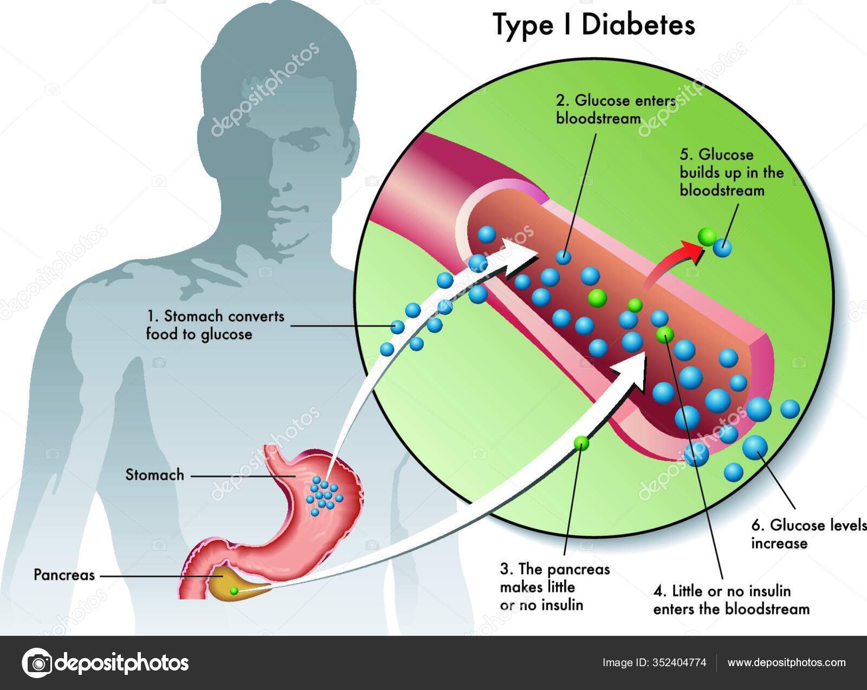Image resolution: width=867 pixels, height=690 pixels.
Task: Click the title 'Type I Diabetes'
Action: click(x=594, y=25)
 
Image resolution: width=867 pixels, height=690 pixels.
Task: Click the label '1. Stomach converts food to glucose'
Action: click(x=215, y=324)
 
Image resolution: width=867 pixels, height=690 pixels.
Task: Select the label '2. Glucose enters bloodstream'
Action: click(x=616, y=109)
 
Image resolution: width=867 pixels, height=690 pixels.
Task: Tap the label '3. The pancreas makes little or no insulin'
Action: click(x=554, y=587)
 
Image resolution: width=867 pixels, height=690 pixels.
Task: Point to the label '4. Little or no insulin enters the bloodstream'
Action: click(x=731, y=600)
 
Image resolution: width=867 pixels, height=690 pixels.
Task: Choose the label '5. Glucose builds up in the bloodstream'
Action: click(x=732, y=172)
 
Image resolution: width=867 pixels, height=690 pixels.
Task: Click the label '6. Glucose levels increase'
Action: click(x=807, y=533)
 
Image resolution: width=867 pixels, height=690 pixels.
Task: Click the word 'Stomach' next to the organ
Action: click(x=155, y=475)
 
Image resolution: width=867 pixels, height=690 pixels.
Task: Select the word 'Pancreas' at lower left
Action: click(x=64, y=575)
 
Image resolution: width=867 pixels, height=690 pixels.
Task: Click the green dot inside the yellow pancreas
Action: click(x=234, y=591)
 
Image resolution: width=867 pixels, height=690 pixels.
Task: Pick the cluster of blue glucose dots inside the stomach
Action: click(x=325, y=493)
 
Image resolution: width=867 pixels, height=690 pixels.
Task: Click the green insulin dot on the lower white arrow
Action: click(x=581, y=443)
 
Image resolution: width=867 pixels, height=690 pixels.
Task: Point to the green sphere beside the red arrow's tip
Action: click(x=707, y=236)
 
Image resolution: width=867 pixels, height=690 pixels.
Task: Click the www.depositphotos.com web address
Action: click(x=786, y=662)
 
